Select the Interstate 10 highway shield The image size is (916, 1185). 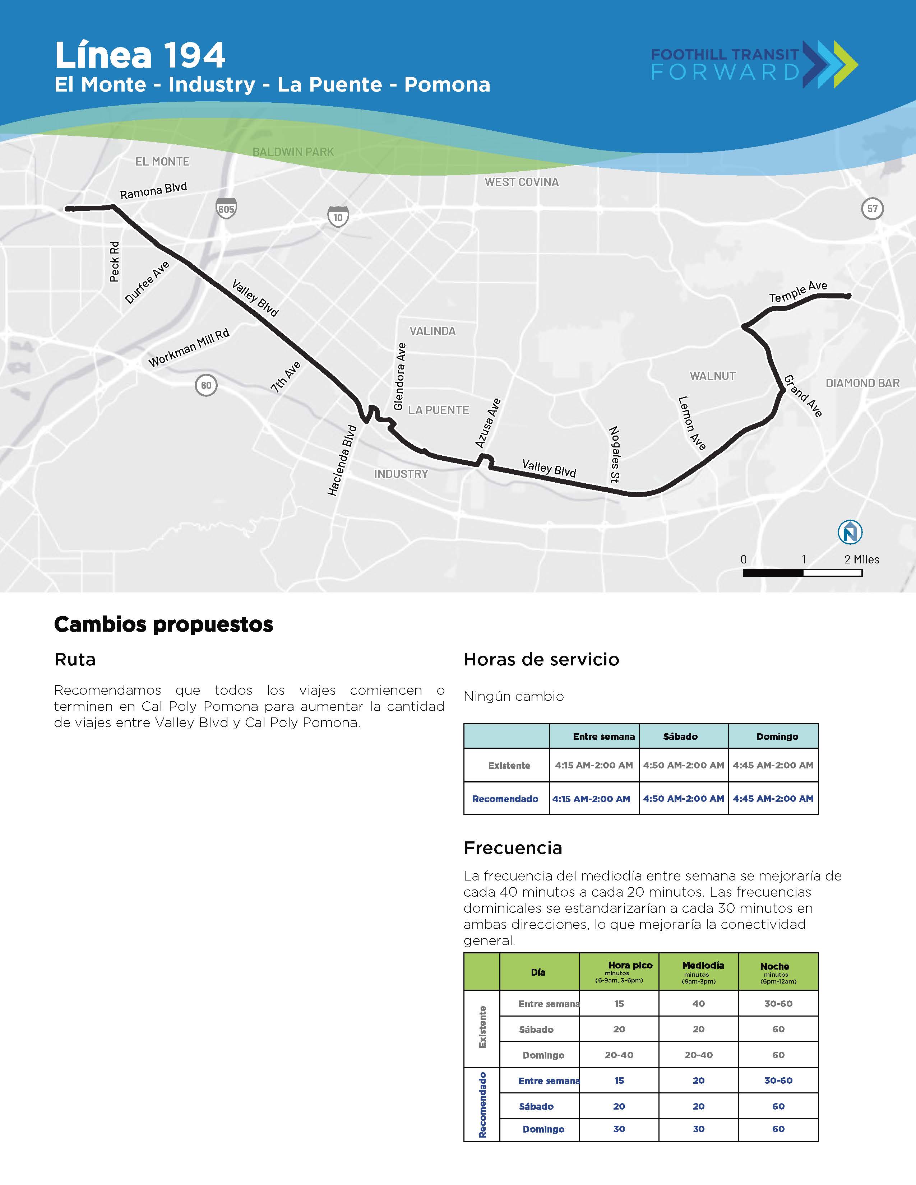(338, 217)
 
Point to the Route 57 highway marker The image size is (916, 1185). (872, 208)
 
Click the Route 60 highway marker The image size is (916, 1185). (206, 385)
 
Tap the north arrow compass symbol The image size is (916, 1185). (850, 532)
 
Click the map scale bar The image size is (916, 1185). (802, 572)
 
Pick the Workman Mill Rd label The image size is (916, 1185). (189, 348)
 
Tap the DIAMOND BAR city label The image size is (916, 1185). (862, 383)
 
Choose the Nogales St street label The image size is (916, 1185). (614, 454)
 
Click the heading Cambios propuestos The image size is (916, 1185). (163, 624)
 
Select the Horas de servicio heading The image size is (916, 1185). (541, 659)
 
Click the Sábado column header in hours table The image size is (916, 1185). (680, 736)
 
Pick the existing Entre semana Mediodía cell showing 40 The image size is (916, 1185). (698, 1004)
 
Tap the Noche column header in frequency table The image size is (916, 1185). (774, 966)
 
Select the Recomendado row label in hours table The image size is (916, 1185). (505, 799)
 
